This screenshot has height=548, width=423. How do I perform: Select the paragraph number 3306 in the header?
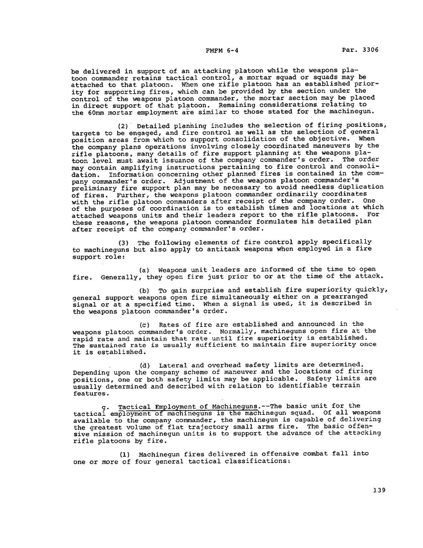point(368,50)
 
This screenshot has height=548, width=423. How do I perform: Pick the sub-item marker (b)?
point(145,291)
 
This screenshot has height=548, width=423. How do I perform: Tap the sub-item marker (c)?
point(145,324)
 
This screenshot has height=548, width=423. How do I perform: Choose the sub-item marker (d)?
point(145,364)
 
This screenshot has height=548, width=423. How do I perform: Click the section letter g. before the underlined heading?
point(109,405)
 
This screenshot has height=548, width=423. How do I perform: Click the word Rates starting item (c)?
point(170,324)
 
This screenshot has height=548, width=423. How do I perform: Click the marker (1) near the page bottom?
point(124,453)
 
